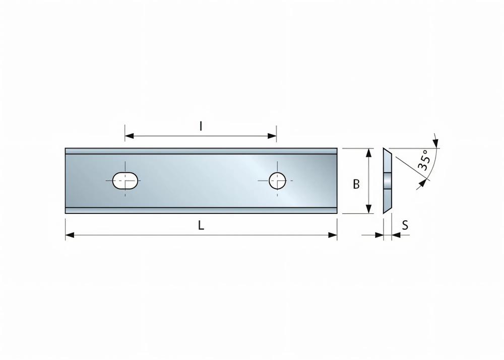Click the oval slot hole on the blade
[x=125, y=180]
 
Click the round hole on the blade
[x=277, y=180]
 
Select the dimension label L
[x=201, y=226]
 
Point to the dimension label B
[x=356, y=185]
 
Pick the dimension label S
[x=404, y=225]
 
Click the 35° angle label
[x=424, y=159]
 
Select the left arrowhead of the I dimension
[x=129, y=136]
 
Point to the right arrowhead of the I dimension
[x=272, y=136]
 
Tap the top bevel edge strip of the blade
[x=201, y=151]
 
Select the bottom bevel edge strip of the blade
[x=201, y=210]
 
